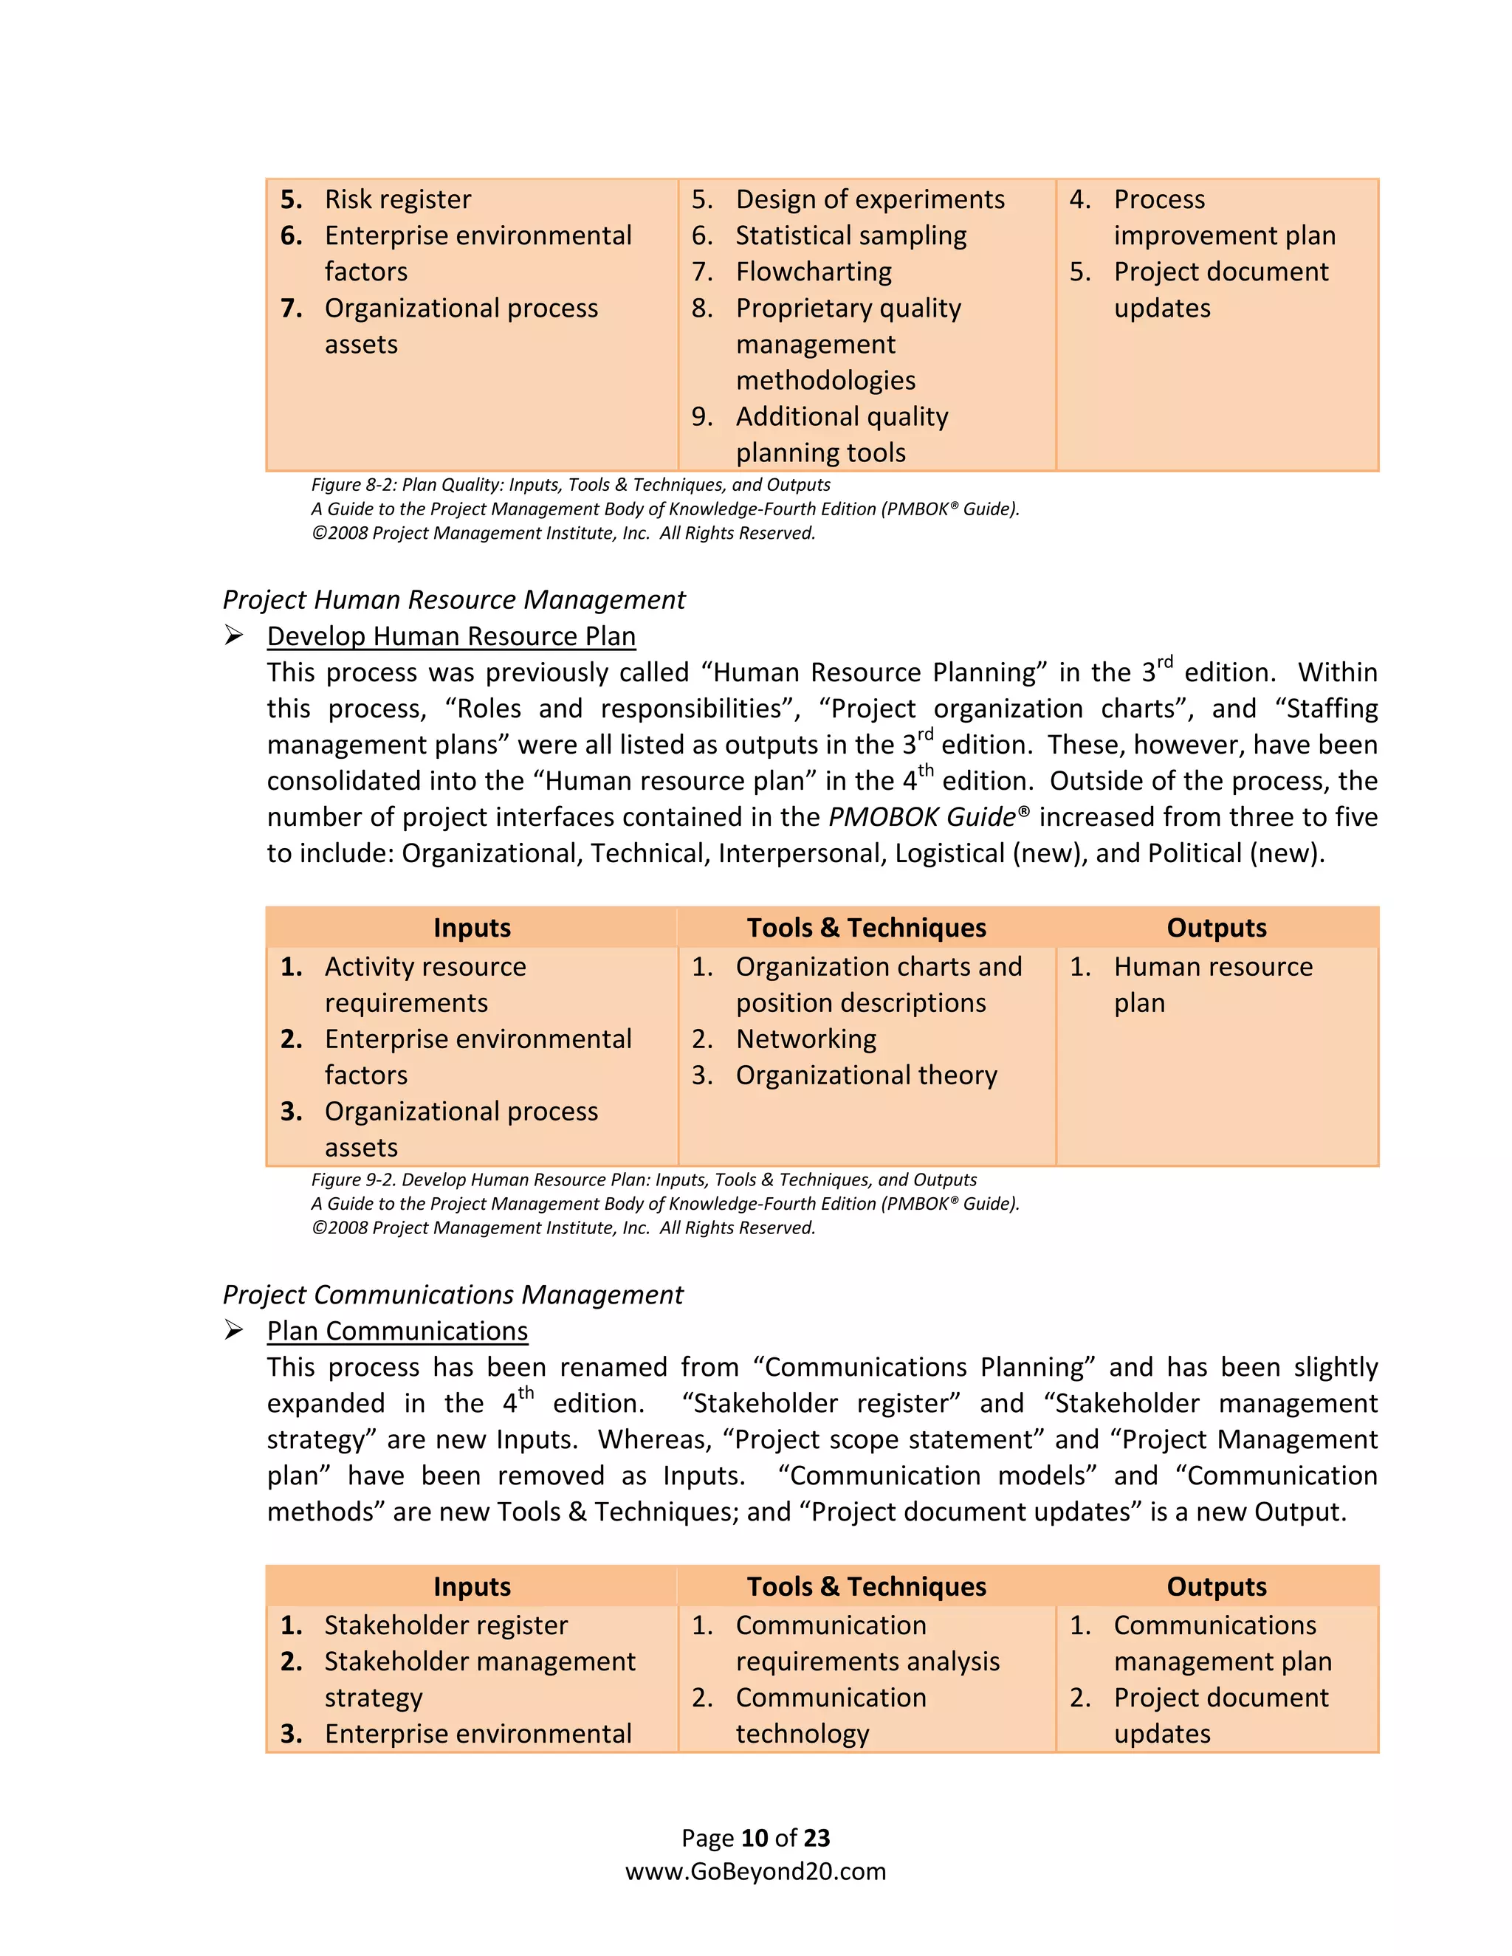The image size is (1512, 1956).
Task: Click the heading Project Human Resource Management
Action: coord(453,599)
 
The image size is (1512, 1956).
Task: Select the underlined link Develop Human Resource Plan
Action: coord(450,636)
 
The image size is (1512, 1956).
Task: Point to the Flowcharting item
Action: coord(814,272)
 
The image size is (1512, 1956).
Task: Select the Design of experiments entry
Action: coord(869,199)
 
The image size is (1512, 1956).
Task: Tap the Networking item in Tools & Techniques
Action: coord(805,1039)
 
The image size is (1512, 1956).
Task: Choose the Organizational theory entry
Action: coord(865,1075)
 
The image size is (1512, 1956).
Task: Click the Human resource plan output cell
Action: coord(1212,984)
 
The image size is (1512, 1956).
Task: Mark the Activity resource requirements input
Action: coord(425,984)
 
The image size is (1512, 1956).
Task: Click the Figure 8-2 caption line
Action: coord(570,484)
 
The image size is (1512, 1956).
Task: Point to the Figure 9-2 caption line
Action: coord(643,1180)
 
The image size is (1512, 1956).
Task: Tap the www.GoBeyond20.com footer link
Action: coord(755,1871)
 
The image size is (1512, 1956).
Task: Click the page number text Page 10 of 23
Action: coord(755,1838)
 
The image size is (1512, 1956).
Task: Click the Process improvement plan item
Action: coord(1223,218)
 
